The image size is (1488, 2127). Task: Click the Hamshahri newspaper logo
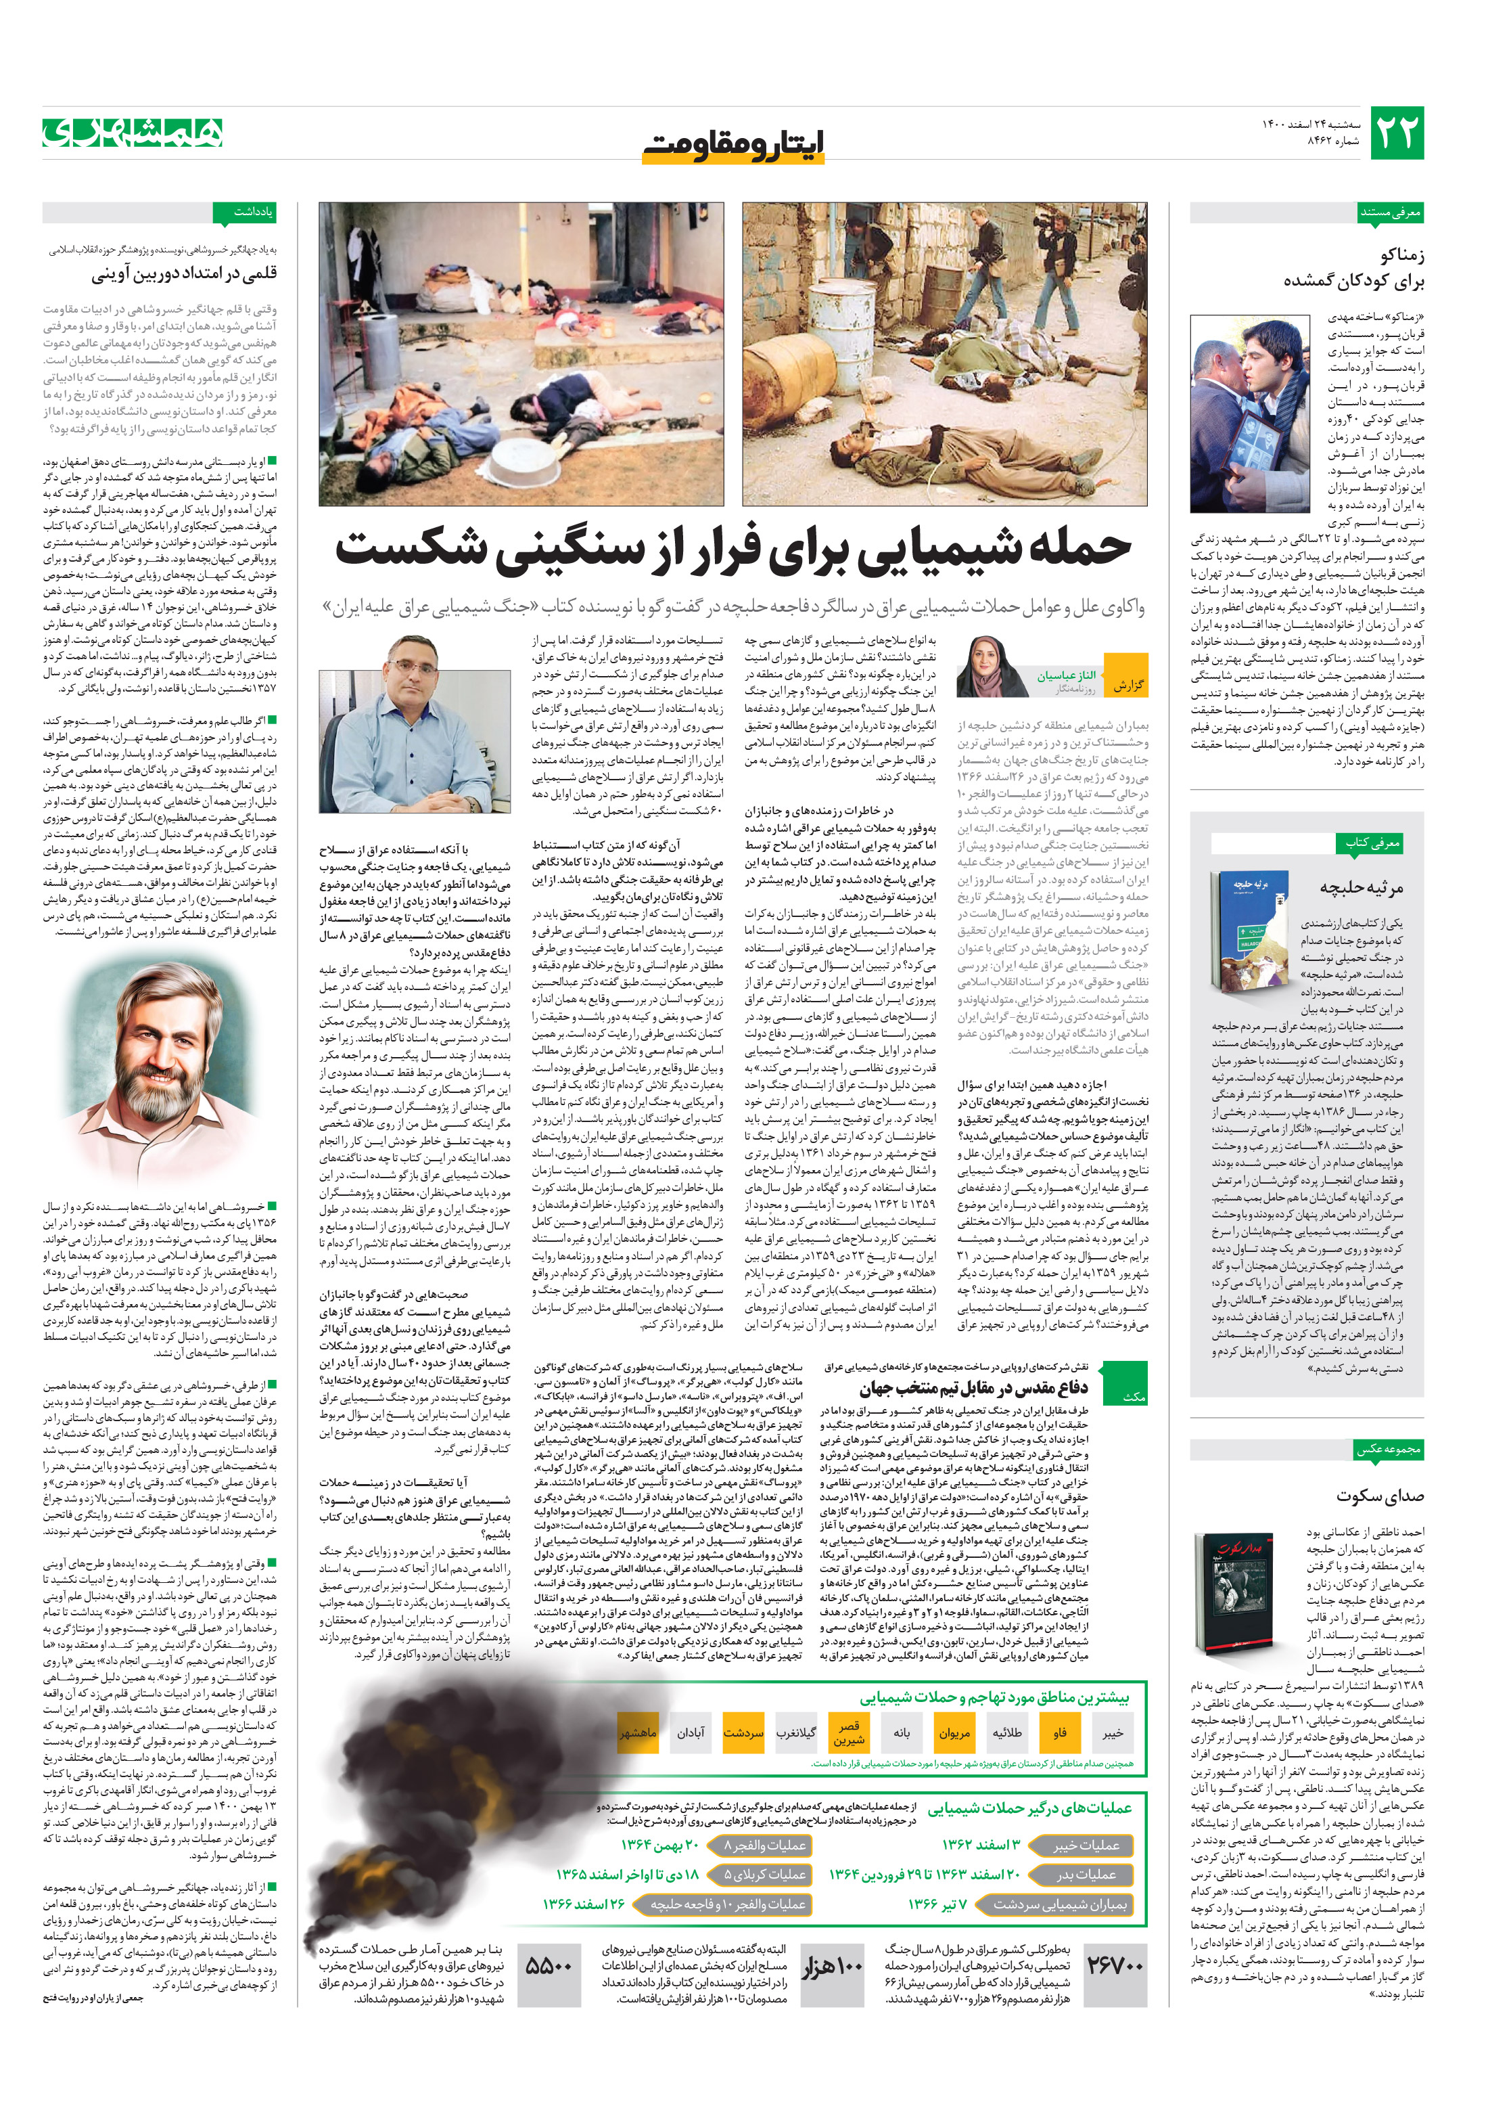coord(133,133)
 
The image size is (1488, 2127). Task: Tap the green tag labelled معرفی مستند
coord(1390,212)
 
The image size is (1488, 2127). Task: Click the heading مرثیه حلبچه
coord(1360,887)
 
